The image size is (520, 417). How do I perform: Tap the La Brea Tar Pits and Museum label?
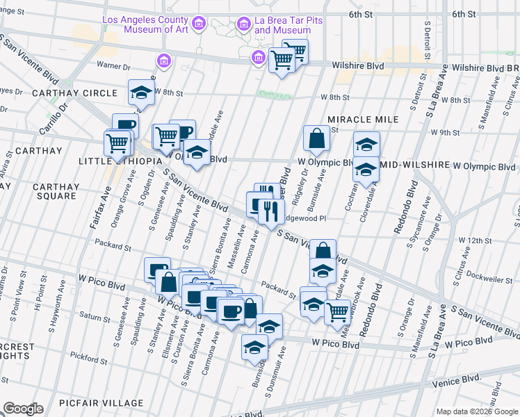tap(282, 26)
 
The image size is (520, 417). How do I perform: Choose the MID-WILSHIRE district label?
tap(414, 167)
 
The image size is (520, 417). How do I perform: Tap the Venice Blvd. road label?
tap(455, 378)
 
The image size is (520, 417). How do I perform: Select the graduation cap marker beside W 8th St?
tap(141, 92)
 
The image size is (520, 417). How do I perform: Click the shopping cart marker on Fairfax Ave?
tap(117, 144)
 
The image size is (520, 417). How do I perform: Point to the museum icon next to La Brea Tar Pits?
tap(243, 25)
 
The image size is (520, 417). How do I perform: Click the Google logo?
tap(23, 409)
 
